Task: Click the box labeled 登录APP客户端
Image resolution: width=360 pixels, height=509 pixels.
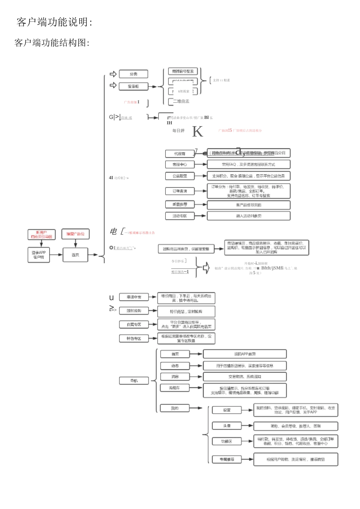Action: click(39, 255)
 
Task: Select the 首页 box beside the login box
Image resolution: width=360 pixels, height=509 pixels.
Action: click(75, 255)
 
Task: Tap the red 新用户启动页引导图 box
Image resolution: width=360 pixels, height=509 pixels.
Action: click(42, 234)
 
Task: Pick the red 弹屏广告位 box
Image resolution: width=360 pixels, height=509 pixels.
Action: click(75, 234)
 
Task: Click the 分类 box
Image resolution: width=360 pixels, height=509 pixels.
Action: click(133, 74)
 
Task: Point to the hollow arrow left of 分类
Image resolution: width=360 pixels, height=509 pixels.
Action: click(113, 74)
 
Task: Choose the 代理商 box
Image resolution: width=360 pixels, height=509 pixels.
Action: click(180, 154)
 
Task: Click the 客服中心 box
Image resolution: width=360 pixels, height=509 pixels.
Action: click(180, 164)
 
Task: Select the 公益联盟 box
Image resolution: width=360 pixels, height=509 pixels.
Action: click(180, 176)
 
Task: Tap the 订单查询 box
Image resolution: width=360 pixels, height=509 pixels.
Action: click(180, 191)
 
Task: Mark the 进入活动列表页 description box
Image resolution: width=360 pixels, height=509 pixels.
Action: click(249, 216)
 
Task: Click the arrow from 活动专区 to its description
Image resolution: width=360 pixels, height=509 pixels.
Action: click(200, 216)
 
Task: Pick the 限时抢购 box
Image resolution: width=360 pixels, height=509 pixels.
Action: click(133, 311)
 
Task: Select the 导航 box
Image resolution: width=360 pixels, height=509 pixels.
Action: click(134, 381)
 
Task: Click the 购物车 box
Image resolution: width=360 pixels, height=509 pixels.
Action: click(174, 388)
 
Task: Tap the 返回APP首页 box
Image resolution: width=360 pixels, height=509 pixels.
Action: click(245, 354)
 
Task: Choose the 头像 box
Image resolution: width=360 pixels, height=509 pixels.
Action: click(227, 426)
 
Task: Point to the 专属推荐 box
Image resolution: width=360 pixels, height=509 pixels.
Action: click(227, 459)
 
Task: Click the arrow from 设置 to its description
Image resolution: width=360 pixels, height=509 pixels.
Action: click(247, 410)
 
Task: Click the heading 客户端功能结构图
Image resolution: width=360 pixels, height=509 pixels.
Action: click(52, 43)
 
